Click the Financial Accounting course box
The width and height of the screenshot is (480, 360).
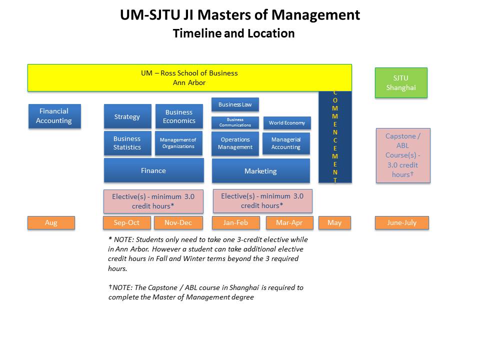[54, 116]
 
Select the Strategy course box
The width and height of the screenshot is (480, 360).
[127, 116]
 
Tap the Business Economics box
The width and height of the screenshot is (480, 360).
[179, 116]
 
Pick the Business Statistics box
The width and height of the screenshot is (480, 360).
[127, 143]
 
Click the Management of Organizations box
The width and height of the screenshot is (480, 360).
[178, 143]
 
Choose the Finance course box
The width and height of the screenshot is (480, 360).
[153, 170]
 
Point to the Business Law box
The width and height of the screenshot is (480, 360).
[235, 104]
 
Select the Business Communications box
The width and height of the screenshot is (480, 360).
[235, 122]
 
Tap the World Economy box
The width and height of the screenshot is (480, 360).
[286, 122]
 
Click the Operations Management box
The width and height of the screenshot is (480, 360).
[235, 143]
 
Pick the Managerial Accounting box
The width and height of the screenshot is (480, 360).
[286, 143]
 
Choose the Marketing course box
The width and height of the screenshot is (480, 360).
[260, 171]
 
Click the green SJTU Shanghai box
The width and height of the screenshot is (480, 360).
[401, 83]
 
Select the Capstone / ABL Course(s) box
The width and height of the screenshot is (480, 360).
[402, 155]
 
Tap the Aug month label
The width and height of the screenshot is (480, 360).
[51, 223]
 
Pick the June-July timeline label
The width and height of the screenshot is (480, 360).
[402, 223]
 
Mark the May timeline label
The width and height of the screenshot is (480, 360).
[334, 223]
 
